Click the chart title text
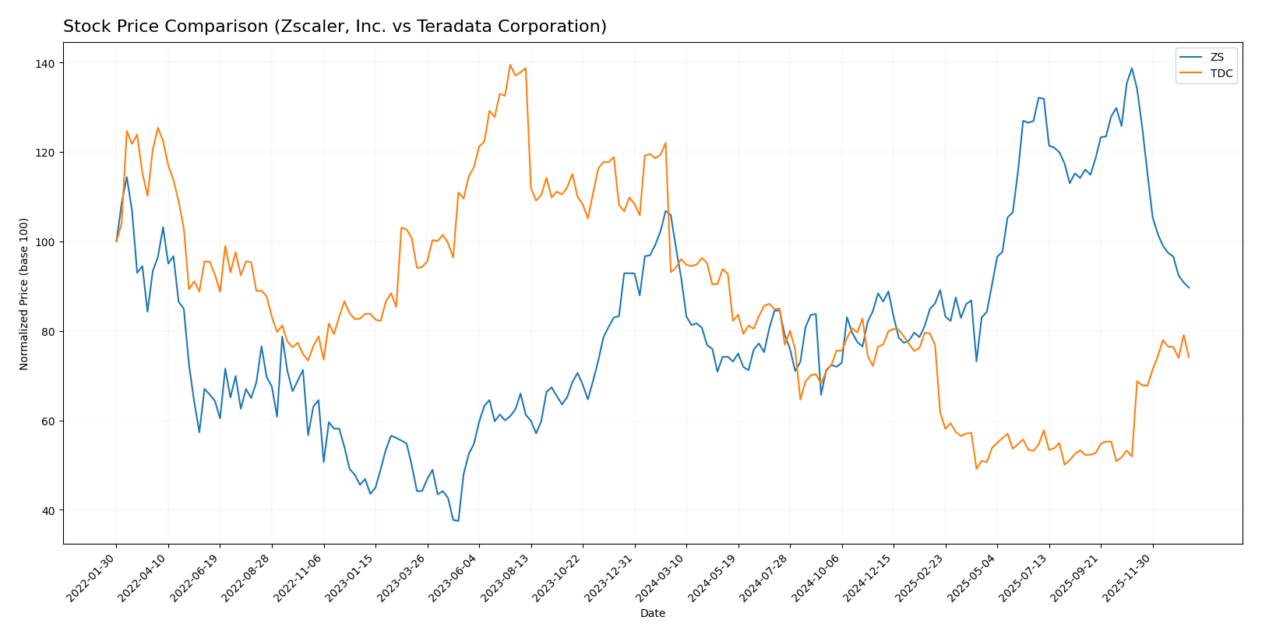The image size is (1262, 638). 334,26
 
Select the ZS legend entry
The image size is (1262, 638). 1217,57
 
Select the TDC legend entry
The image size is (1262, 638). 1221,74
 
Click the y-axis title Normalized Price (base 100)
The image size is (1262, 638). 24,294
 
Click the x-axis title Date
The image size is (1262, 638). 652,614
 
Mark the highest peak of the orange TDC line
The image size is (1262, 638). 510,65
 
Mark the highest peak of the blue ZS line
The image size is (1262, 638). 1131,68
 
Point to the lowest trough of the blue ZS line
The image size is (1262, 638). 458,521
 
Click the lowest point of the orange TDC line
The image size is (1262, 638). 976,468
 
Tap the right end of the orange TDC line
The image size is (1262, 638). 1189,357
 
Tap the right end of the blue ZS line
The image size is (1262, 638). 1189,287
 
